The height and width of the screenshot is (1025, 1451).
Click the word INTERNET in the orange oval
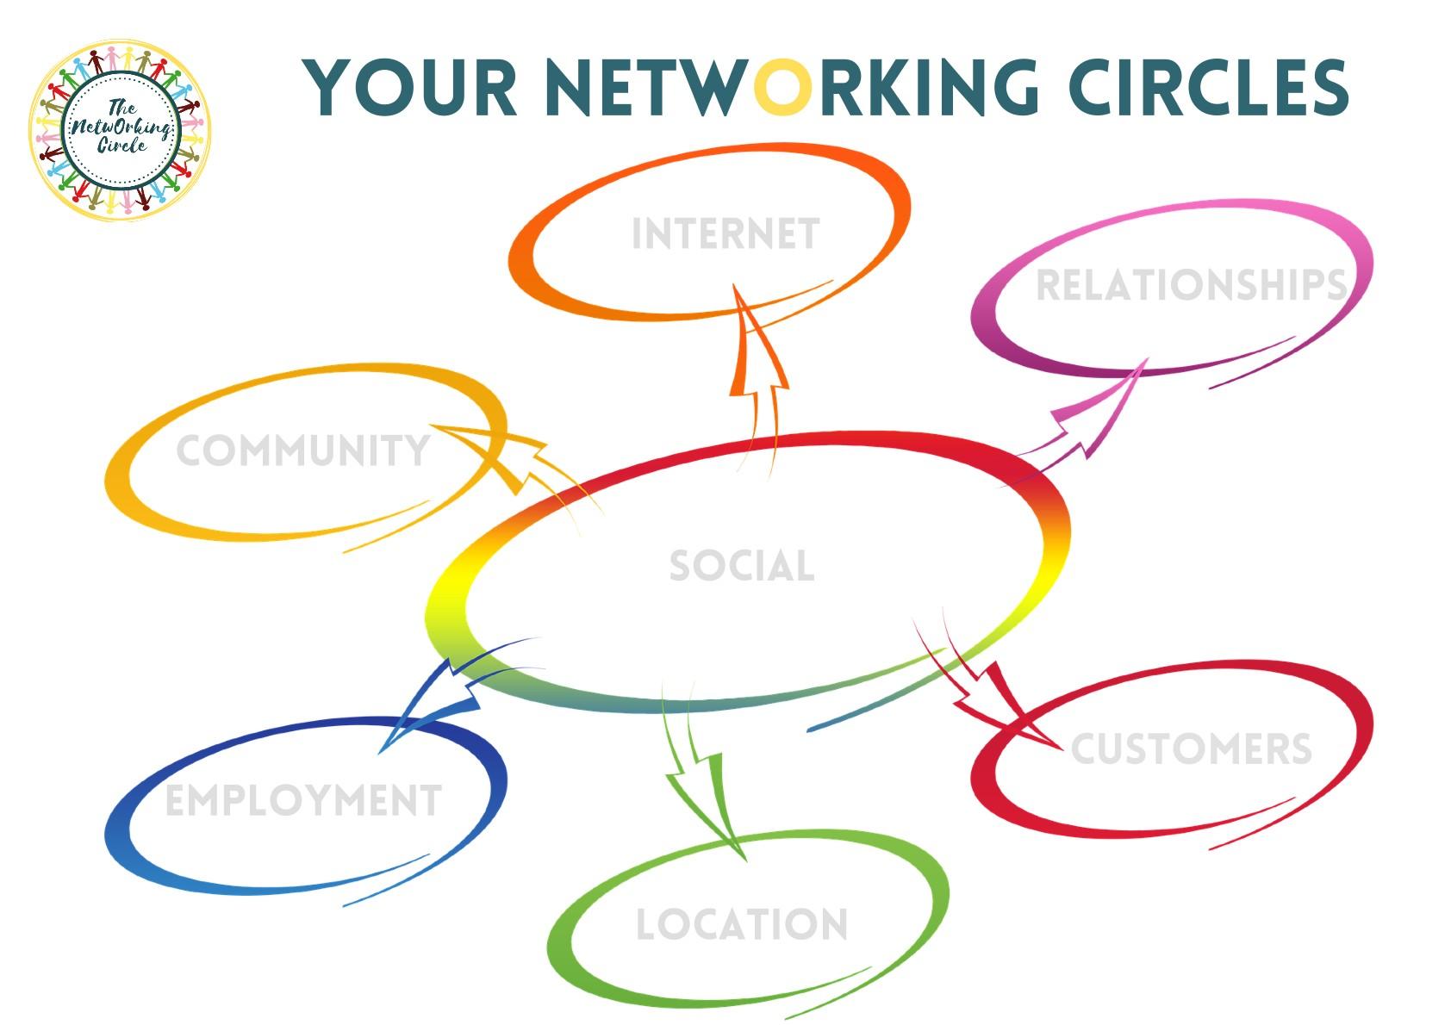(725, 234)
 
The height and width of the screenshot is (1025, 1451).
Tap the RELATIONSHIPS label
(1191, 286)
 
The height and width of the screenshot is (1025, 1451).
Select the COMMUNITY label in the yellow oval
(302, 451)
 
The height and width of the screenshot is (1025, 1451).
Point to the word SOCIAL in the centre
(741, 566)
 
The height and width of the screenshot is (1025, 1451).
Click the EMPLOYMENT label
(303, 801)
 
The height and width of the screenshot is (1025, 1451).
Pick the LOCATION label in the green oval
(741, 925)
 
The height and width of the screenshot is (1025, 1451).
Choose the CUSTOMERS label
(1191, 749)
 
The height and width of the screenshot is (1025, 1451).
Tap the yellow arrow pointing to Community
(508, 457)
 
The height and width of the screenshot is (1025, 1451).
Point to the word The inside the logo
(121, 108)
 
